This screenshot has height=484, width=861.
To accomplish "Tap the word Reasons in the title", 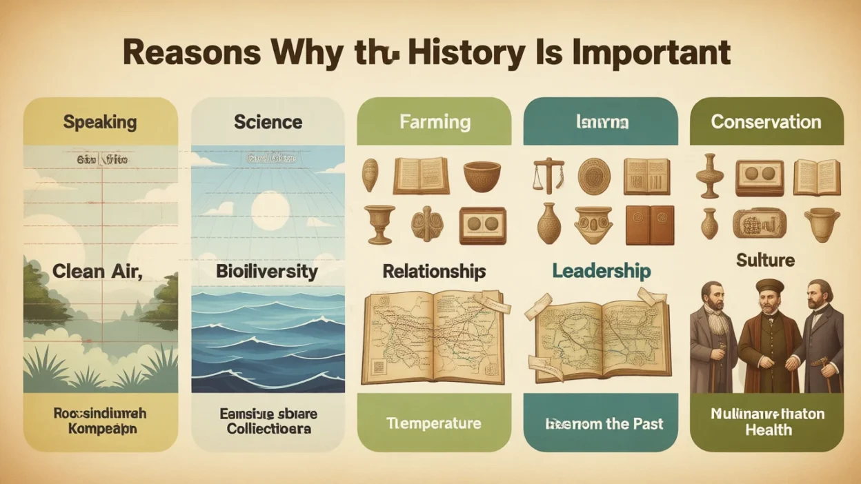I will (x=191, y=53).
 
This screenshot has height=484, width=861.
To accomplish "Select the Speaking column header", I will (x=100, y=123).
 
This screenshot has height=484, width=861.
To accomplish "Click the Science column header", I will (x=268, y=122).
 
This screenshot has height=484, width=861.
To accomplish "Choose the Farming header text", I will (x=435, y=123).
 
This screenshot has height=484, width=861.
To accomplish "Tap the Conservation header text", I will (x=766, y=122).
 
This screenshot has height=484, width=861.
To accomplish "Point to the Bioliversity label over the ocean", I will (x=267, y=271).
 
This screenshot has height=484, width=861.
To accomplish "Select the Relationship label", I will (x=434, y=271).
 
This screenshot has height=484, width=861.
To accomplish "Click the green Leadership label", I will (x=601, y=271).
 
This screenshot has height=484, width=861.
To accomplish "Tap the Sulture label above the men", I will (x=766, y=260).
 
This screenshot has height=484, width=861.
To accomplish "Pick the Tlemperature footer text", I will (x=434, y=423).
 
